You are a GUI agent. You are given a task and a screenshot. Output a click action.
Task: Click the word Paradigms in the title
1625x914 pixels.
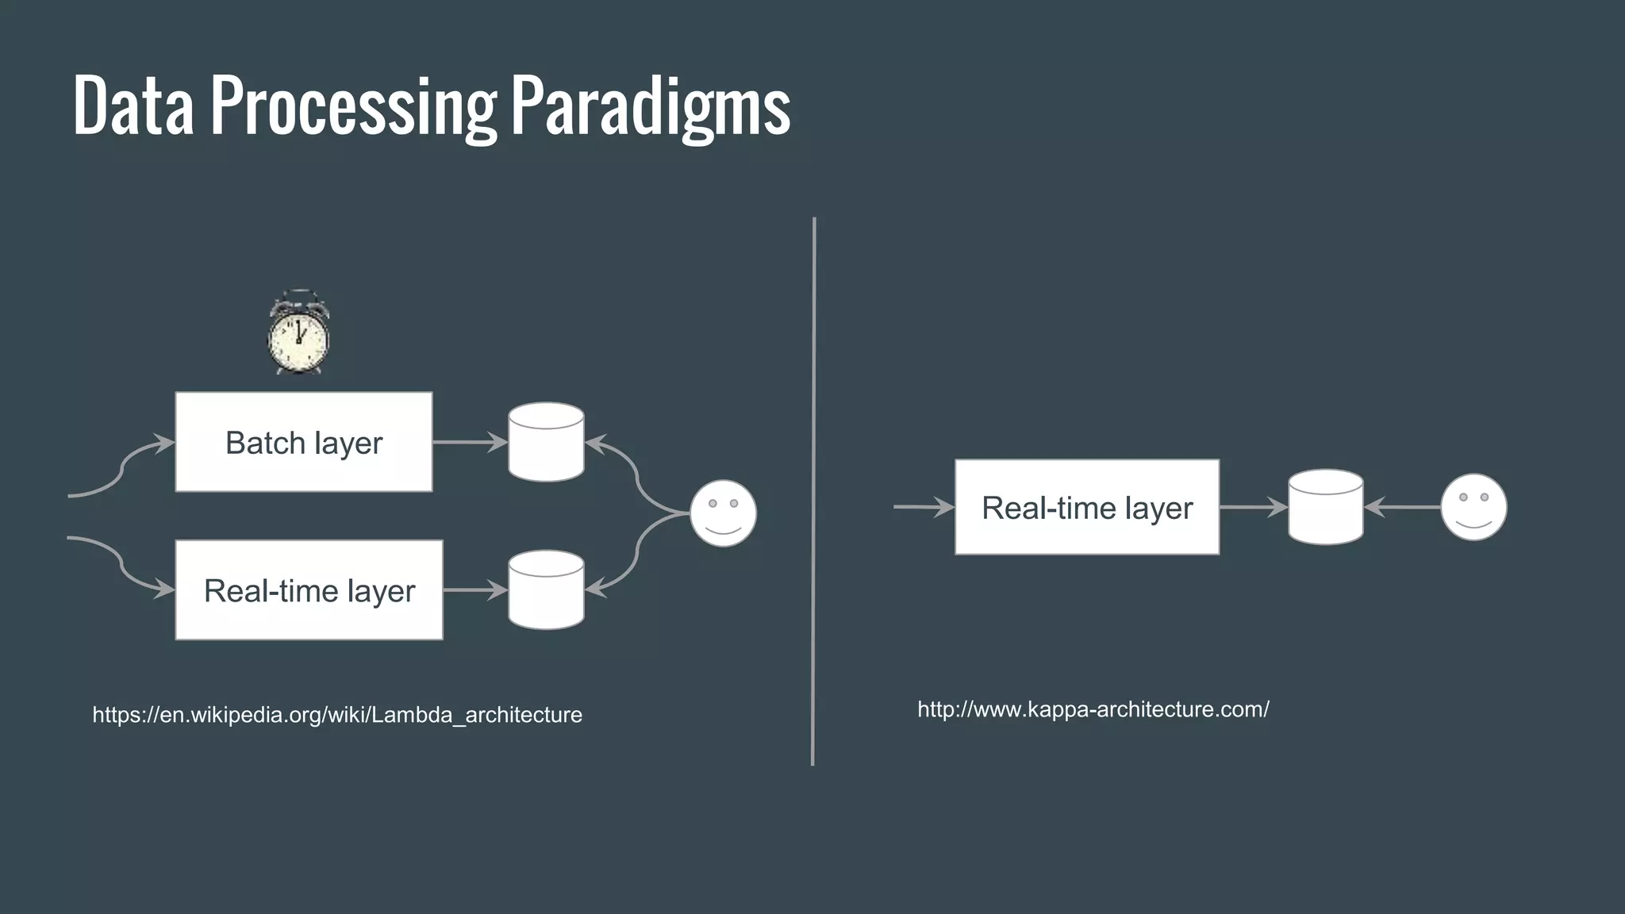pyautogui.click(x=650, y=107)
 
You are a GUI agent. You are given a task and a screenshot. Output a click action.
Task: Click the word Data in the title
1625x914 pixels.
pyautogui.click(x=133, y=107)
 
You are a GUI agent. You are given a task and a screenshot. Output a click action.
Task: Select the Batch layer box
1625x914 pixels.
pyautogui.click(x=304, y=442)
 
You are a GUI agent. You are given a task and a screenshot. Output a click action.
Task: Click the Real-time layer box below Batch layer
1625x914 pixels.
pyautogui.click(x=309, y=590)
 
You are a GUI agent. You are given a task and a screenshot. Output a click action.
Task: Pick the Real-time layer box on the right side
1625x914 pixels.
pyautogui.click(x=1087, y=507)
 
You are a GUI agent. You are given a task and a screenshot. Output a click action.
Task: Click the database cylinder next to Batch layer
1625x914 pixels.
pyautogui.click(x=546, y=442)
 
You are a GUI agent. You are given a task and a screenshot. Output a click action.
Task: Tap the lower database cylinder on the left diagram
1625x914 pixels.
pyautogui.click(x=546, y=590)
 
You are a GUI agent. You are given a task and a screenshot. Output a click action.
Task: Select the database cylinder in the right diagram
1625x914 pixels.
pyautogui.click(x=1325, y=507)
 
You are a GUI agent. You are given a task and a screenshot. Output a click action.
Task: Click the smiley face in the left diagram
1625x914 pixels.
pyautogui.click(x=723, y=513)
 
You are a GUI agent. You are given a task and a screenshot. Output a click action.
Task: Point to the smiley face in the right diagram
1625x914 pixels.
pyautogui.click(x=1473, y=507)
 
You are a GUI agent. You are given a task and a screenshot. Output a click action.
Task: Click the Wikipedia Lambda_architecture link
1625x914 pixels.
pyautogui.click(x=337, y=715)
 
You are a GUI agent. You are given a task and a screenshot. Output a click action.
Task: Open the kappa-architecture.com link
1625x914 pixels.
pyautogui.click(x=1093, y=709)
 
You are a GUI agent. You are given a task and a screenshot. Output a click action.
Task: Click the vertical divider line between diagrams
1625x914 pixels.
pyautogui.click(x=813, y=492)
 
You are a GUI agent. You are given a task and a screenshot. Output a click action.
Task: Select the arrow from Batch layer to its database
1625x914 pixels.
pyautogui.click(x=470, y=442)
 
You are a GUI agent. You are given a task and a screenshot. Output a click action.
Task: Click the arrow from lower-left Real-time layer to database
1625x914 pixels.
pyautogui.click(x=474, y=590)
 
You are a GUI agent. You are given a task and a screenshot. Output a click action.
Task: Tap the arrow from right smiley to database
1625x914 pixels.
pyautogui.click(x=1403, y=507)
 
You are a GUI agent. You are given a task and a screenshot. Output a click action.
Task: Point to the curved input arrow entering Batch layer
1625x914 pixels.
pyautogui.click(x=124, y=468)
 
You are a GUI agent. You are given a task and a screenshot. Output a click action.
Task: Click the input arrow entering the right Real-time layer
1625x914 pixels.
pyautogui.click(x=923, y=507)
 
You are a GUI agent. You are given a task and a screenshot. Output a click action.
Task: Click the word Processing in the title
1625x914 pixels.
pyautogui.click(x=352, y=107)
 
